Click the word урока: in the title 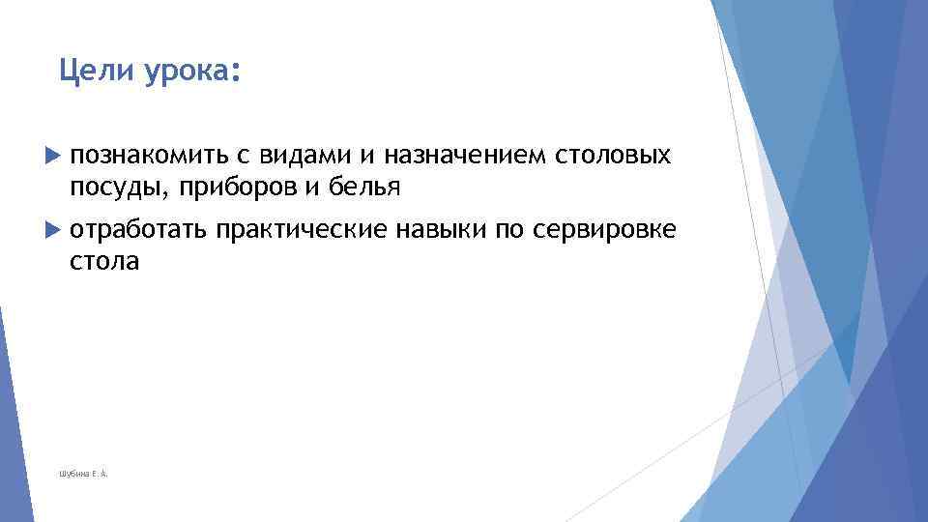(190, 71)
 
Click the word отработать (138, 231)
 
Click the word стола (104, 262)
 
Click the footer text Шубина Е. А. (83, 474)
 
